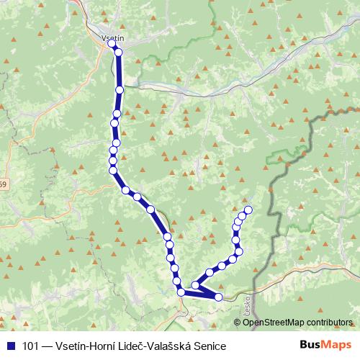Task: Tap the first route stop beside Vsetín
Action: (112, 44)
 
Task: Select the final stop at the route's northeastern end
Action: (248, 210)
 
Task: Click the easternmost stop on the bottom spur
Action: (218, 296)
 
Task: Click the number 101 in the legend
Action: (31, 346)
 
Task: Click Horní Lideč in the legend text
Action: (125, 346)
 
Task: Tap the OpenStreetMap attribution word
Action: (273, 322)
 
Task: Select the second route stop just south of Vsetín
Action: (118, 52)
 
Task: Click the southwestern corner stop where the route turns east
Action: (181, 291)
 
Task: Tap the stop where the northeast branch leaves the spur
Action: (194, 284)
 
